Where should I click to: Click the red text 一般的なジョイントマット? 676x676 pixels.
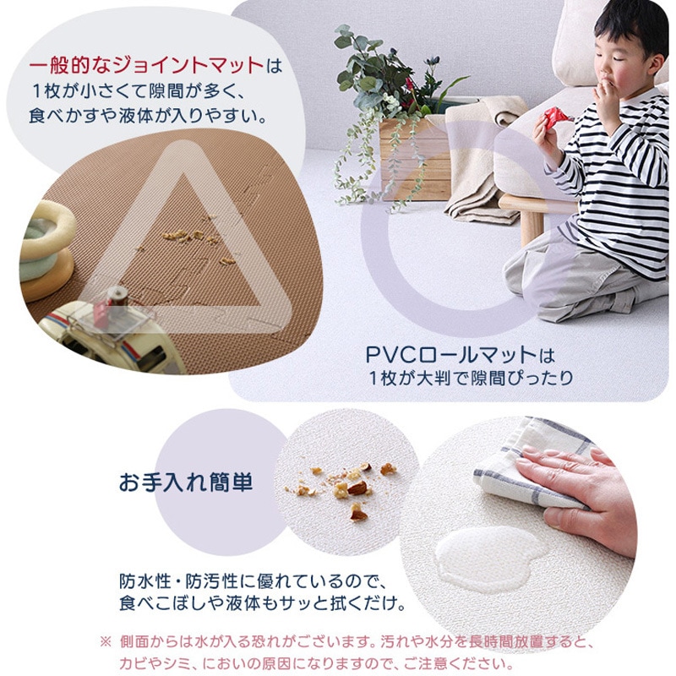(146, 66)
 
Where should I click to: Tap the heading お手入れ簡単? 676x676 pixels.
(186, 482)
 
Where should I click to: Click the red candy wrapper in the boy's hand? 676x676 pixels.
(557, 116)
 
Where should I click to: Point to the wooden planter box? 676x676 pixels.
(415, 159)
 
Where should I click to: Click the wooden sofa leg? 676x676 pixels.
(532, 227)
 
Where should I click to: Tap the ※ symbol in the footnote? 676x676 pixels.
(106, 642)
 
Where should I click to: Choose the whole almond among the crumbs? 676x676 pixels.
(357, 488)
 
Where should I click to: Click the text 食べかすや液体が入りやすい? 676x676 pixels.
(147, 116)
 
